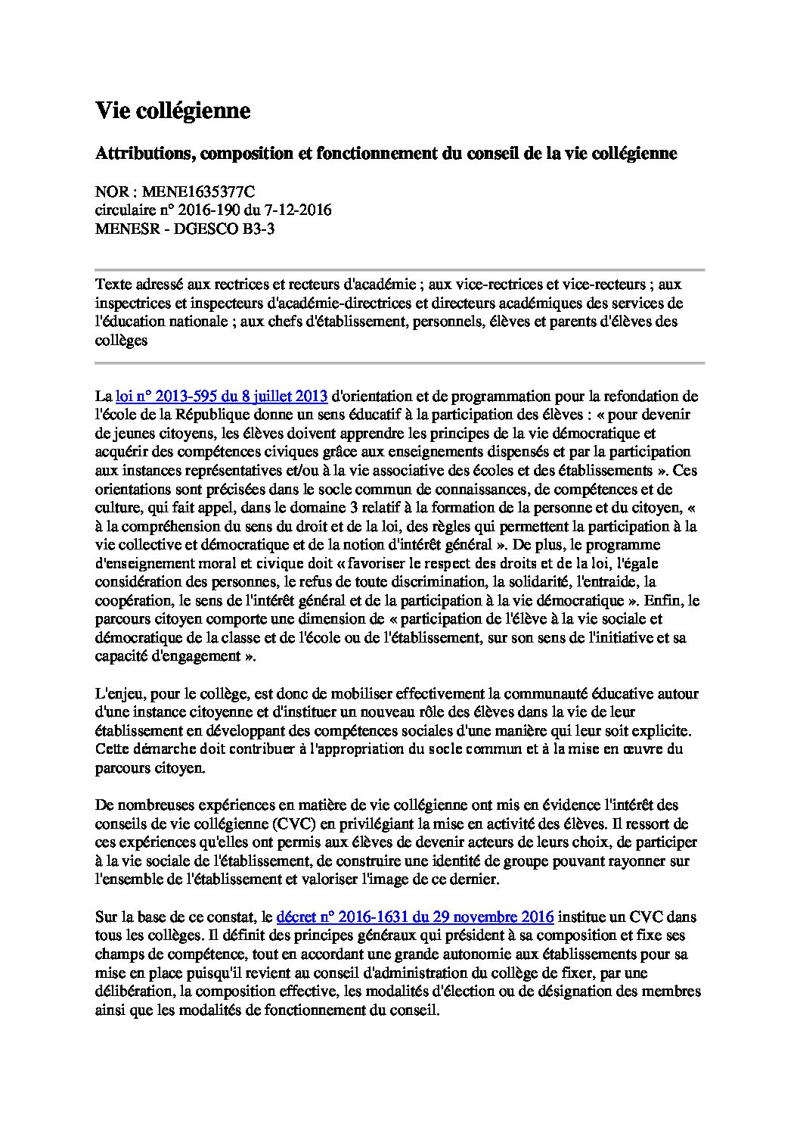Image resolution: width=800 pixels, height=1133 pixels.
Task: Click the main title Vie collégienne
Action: tap(172, 111)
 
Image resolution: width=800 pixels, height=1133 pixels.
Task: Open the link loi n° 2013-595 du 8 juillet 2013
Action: tap(221, 396)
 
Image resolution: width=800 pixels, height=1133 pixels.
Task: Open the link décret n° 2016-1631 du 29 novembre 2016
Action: tap(415, 917)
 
